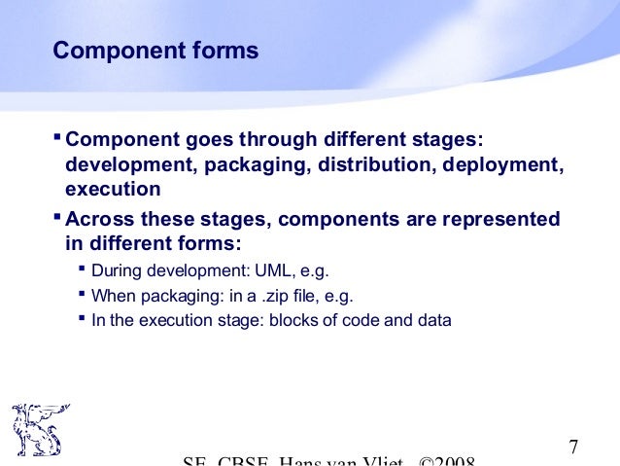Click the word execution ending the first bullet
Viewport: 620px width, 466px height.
pyautogui.click(x=112, y=189)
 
